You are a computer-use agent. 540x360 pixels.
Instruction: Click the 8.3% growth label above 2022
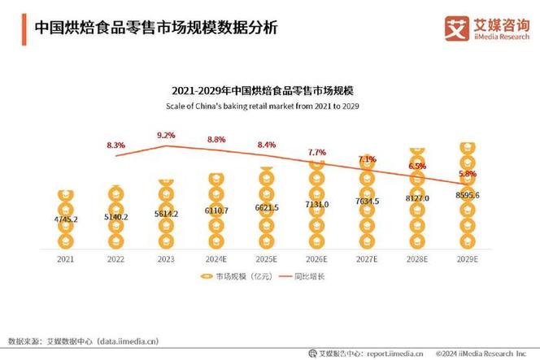(115, 145)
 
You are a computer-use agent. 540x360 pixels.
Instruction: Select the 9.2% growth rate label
(166, 135)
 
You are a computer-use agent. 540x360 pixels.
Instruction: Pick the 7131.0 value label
(317, 204)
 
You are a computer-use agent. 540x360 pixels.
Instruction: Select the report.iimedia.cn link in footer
(393, 352)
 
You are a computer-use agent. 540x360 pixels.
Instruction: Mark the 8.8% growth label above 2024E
(216, 140)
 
